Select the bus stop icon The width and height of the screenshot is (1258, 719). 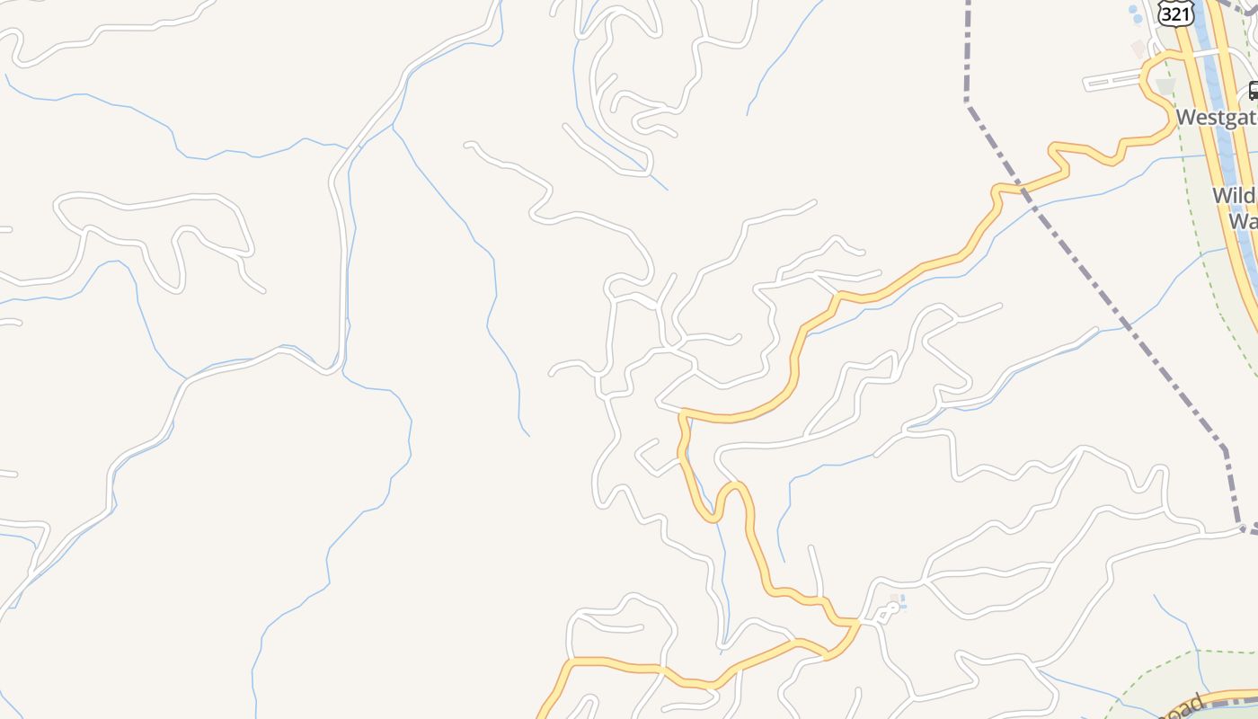(x=1253, y=91)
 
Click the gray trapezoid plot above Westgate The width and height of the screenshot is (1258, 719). (x=1165, y=86)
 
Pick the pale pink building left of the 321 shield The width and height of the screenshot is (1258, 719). (x=1138, y=48)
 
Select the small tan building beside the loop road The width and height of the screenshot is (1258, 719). (x=894, y=598)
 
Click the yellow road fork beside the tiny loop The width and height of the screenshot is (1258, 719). (x=860, y=621)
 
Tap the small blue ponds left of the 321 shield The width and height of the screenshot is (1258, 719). (x=1134, y=14)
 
